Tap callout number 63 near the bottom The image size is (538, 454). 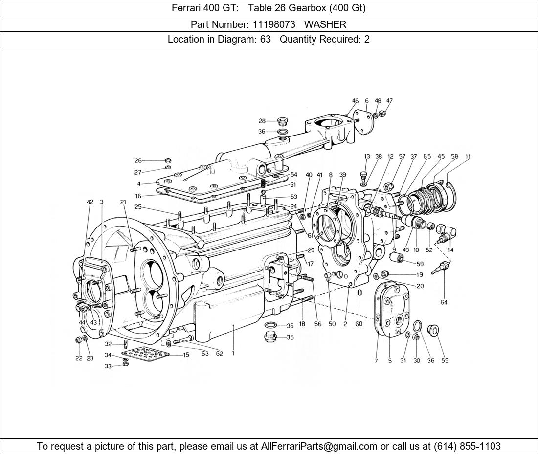(204, 354)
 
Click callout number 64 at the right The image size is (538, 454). (444, 302)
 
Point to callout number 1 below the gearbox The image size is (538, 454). (233, 353)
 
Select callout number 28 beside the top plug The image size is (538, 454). (262, 121)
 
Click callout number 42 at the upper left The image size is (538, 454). (90, 202)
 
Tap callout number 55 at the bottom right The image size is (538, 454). (445, 361)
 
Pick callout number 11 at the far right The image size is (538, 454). (468, 157)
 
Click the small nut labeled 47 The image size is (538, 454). (383, 113)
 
